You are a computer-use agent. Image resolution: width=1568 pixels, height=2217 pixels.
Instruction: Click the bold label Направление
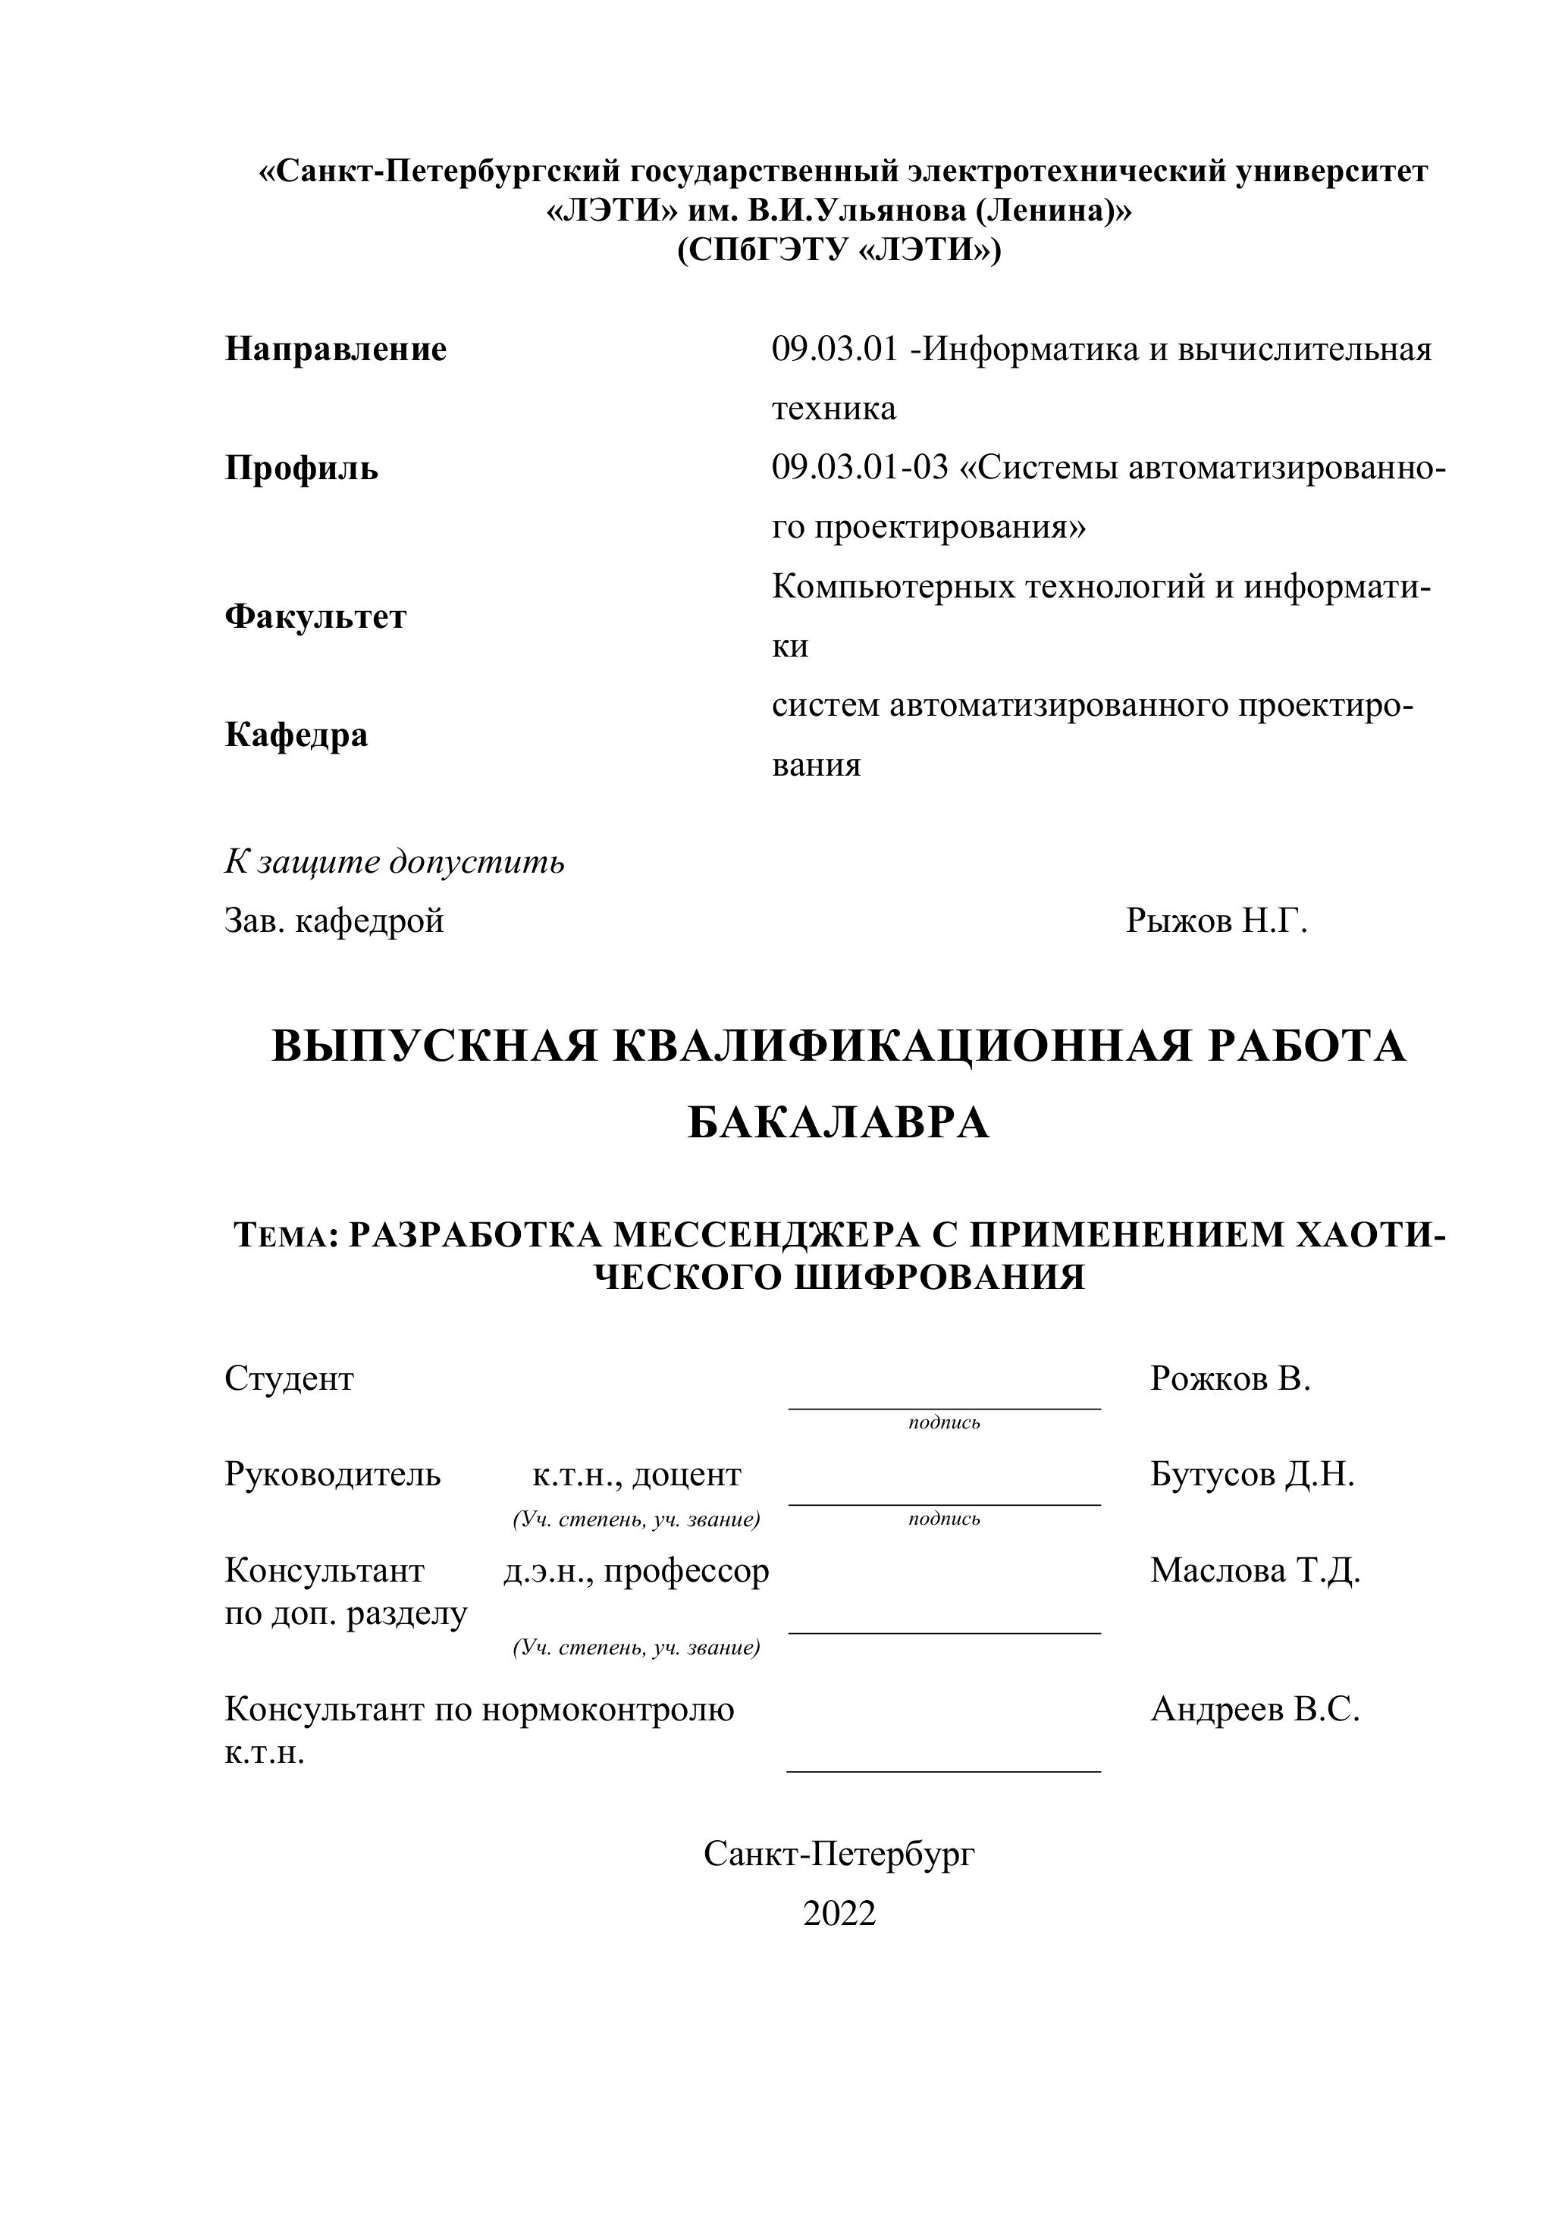pyautogui.click(x=335, y=350)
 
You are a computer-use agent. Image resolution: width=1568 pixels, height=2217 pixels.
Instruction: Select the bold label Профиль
pyautogui.click(x=301, y=469)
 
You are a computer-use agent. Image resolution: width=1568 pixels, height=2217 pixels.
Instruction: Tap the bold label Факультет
pyautogui.click(x=315, y=616)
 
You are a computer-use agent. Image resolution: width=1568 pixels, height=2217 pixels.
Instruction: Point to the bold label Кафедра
pyautogui.click(x=296, y=735)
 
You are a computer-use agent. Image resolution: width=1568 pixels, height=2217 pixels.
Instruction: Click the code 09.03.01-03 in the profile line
pyautogui.click(x=859, y=469)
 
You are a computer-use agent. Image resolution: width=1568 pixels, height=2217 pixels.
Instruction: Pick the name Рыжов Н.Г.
pyautogui.click(x=1215, y=921)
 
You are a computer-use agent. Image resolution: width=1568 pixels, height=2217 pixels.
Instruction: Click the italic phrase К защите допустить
pyautogui.click(x=394, y=861)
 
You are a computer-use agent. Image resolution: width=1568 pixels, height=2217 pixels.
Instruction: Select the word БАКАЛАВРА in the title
pyautogui.click(x=838, y=1123)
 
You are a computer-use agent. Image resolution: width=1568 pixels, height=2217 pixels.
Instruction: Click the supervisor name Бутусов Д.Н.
pyautogui.click(x=1251, y=1475)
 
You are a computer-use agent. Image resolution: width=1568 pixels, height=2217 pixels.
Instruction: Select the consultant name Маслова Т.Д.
pyautogui.click(x=1254, y=1571)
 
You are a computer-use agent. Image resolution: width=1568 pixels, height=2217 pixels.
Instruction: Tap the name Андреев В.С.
pyautogui.click(x=1254, y=1710)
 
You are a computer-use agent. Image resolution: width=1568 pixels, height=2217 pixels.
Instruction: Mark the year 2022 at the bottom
pyautogui.click(x=839, y=1913)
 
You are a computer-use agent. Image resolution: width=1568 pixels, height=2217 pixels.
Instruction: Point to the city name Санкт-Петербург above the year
pyautogui.click(x=839, y=1853)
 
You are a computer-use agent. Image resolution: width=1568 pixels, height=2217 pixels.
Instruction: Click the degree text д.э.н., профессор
pyautogui.click(x=636, y=1571)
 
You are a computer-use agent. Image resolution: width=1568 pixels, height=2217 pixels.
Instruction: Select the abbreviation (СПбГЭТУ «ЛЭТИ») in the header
pyautogui.click(x=839, y=250)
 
